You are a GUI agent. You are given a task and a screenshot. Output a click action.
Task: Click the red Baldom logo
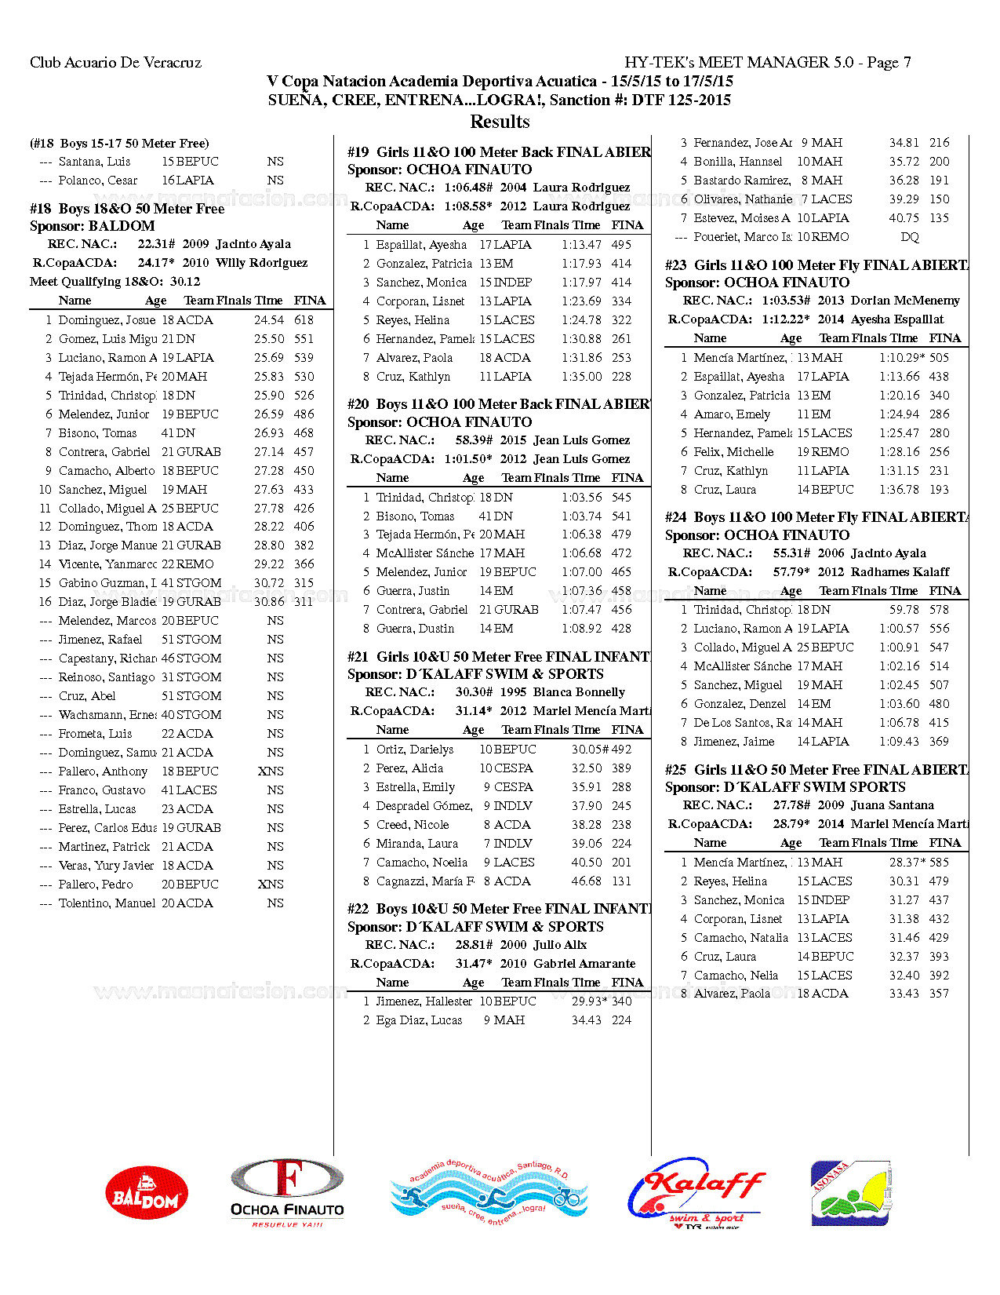tap(147, 1192)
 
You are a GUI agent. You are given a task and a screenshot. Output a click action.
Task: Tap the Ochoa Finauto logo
tap(287, 1192)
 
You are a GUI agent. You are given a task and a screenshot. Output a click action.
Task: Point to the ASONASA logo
tap(850, 1192)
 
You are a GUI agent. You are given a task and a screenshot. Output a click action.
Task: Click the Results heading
tap(500, 122)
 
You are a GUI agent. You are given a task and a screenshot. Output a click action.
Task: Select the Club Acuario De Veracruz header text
tap(115, 63)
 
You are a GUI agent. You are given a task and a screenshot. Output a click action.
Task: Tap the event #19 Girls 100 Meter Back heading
tap(499, 152)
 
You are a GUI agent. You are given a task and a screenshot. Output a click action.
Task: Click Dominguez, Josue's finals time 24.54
tap(269, 320)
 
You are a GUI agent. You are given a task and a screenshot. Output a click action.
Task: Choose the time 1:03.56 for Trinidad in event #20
tap(581, 498)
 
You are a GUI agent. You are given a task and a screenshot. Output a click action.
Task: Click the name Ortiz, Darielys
tap(415, 750)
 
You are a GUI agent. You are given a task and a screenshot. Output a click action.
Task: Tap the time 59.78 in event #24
tap(904, 610)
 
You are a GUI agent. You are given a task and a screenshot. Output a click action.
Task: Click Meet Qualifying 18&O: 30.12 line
tap(115, 282)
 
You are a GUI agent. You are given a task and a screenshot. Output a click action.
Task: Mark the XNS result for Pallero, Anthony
tap(271, 772)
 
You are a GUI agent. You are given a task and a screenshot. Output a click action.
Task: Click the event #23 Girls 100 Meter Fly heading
tap(816, 265)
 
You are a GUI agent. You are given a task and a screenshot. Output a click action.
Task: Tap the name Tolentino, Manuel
tap(107, 903)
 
